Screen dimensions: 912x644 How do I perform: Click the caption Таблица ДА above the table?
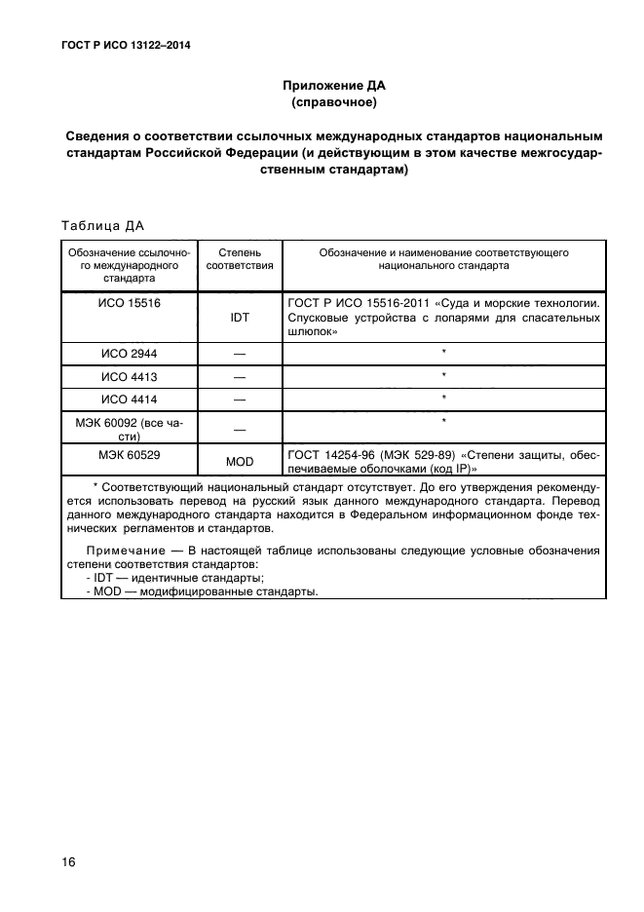point(102,226)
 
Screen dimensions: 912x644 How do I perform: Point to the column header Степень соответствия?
point(240,258)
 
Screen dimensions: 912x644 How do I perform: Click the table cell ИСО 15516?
point(130,303)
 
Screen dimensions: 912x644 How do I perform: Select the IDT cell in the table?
point(240,318)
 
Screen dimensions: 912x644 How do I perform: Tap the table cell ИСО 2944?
point(130,353)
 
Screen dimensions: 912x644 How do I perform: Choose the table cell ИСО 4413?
point(130,375)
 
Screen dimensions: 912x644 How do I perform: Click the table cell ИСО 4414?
point(130,399)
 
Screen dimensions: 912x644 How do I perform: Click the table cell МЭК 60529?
point(130,454)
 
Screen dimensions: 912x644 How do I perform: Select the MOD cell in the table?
point(240,462)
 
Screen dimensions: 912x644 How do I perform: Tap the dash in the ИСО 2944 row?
point(240,354)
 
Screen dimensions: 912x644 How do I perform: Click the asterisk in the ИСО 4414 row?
point(443,398)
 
